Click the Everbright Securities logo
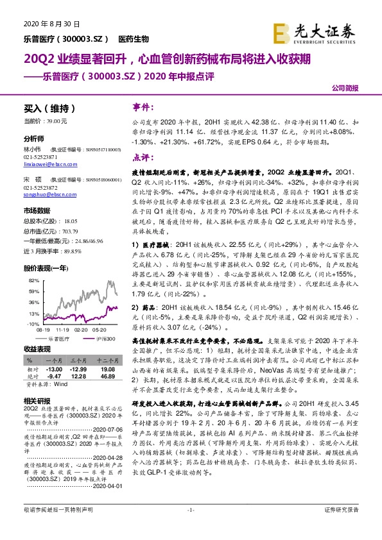point(324,30)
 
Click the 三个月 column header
point(78,361)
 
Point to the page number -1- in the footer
point(190,527)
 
